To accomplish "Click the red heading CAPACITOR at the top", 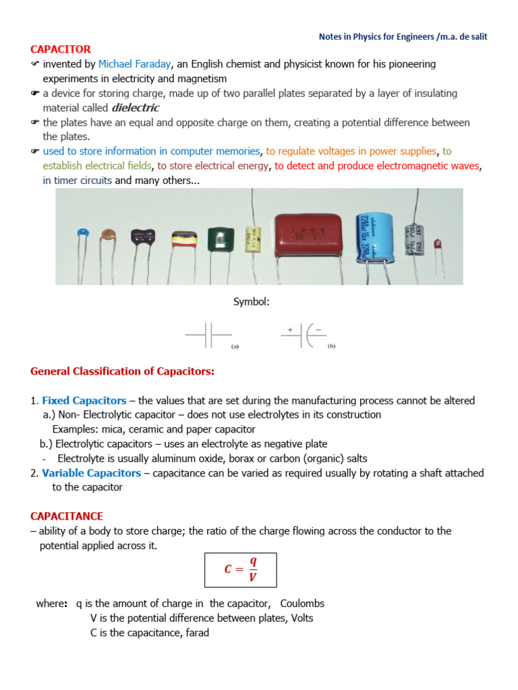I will pyautogui.click(x=61, y=49).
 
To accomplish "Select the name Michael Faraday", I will pyautogui.click(x=134, y=64).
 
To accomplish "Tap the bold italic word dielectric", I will pyautogui.click(x=136, y=108).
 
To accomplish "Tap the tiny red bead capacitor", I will pyautogui.click(x=437, y=243).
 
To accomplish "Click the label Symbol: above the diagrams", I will pyautogui.click(x=252, y=302).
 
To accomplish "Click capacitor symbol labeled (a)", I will pyautogui.click(x=209, y=335).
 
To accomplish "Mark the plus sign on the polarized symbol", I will pyautogui.click(x=290, y=329).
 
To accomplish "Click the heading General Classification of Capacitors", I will pyautogui.click(x=122, y=371).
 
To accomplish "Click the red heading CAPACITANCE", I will pyautogui.click(x=67, y=516).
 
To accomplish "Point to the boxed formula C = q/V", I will pyautogui.click(x=240, y=569).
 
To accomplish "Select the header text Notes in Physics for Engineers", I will pyautogui.click(x=376, y=36).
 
